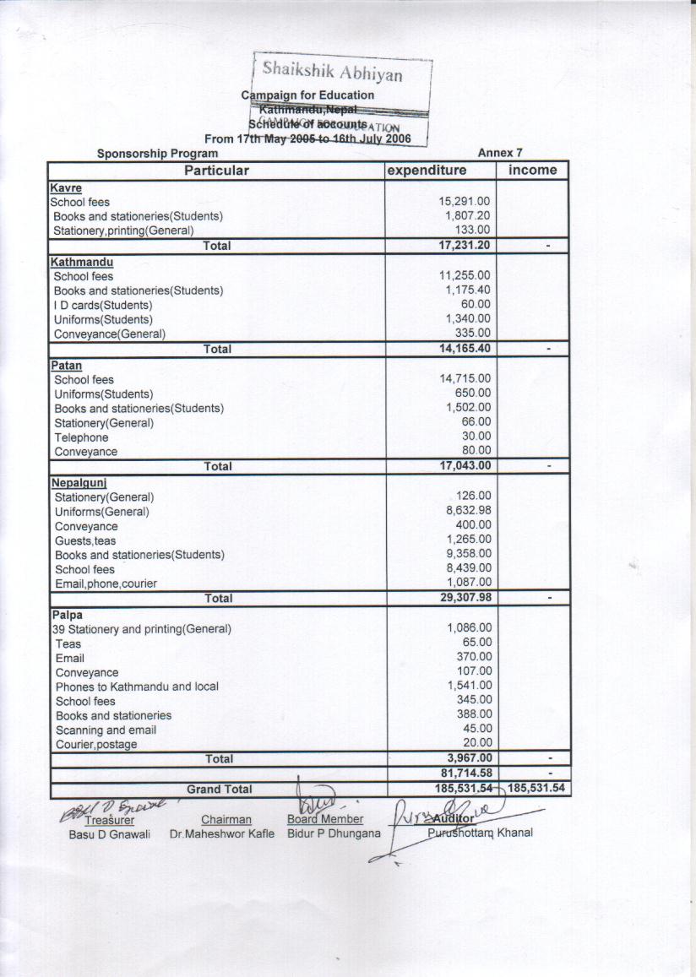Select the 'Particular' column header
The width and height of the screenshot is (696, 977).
pyautogui.click(x=217, y=171)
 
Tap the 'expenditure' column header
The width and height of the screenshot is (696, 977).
pyautogui.click(x=427, y=171)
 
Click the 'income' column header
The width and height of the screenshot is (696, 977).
pyautogui.click(x=532, y=171)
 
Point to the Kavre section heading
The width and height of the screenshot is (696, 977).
pyautogui.click(x=66, y=187)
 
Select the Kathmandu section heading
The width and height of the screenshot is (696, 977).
pyautogui.click(x=82, y=262)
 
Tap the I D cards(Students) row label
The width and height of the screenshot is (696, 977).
pyautogui.click(x=103, y=305)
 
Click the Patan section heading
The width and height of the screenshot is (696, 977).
pyautogui.click(x=68, y=365)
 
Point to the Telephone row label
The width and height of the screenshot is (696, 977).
pyautogui.click(x=81, y=437)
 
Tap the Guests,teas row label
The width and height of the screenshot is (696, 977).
pyautogui.click(x=85, y=540)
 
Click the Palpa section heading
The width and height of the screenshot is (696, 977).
pyautogui.click(x=68, y=615)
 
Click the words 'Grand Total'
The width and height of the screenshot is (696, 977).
pyautogui.click(x=219, y=790)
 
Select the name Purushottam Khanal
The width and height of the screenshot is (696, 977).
pyautogui.click(x=481, y=833)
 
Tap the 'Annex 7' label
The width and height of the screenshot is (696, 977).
pyautogui.click(x=500, y=154)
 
